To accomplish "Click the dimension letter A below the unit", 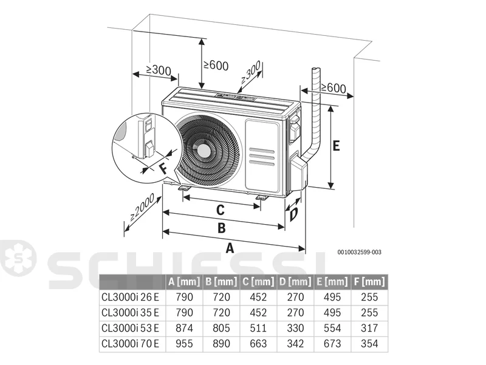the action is (230, 248).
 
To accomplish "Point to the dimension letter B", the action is (221, 228).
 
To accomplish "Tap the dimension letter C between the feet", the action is (220, 210).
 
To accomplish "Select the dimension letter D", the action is (293, 214).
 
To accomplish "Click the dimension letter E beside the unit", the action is (337, 145).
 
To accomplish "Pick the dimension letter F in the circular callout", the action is (163, 169).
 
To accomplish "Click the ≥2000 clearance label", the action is (142, 207).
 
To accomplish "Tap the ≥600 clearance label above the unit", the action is (216, 65).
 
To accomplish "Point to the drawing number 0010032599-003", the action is (360, 252).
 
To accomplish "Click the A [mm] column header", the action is (184, 282).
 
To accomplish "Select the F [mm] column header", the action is (369, 282).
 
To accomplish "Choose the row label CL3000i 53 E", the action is (130, 328).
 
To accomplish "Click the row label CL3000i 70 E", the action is (130, 343).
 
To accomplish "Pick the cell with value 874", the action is (184, 328).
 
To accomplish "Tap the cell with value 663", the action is (258, 343).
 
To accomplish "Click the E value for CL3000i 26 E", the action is (332, 297).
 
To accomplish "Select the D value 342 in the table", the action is (295, 343).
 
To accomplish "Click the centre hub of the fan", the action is (204, 151).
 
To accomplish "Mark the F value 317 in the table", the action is (369, 328).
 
